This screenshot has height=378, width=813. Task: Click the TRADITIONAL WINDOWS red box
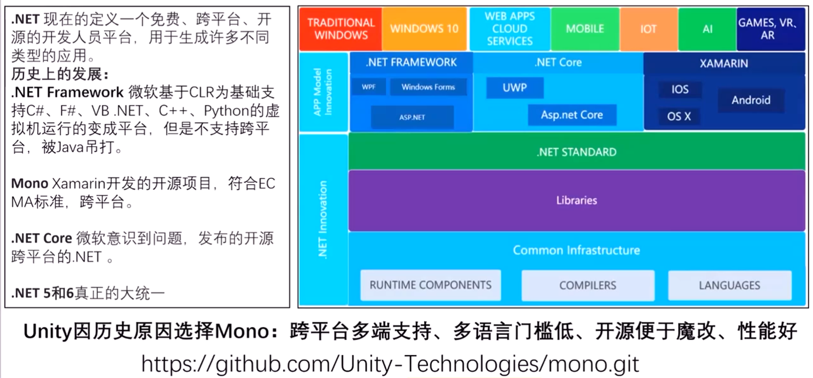coord(341,29)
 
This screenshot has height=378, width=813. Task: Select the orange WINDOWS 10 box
coord(424,29)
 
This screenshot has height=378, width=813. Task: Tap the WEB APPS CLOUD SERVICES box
coord(510,29)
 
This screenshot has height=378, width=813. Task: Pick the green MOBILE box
coord(585,29)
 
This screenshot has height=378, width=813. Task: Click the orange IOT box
coord(648,29)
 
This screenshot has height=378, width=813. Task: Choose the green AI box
coord(707,29)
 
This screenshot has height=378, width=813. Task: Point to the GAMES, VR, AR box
coord(767,29)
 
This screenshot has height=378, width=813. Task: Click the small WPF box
coord(368,87)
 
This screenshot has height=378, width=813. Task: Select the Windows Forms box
coord(428,87)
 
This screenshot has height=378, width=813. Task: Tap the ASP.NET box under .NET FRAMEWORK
coord(412,117)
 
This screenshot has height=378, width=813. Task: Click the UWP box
coord(514,88)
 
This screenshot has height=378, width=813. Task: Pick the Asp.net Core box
coord(572,115)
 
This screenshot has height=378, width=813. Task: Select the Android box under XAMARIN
coord(751,100)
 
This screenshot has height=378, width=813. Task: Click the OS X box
coord(679,116)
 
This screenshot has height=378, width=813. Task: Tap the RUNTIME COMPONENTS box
coord(430,285)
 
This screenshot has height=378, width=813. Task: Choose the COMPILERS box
coord(588,285)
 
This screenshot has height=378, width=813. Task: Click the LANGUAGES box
coord(729,285)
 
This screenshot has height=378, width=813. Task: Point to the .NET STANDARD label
coord(576,152)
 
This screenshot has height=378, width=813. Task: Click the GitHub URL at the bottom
coord(390,364)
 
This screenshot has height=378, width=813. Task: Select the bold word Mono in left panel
coord(30,184)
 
